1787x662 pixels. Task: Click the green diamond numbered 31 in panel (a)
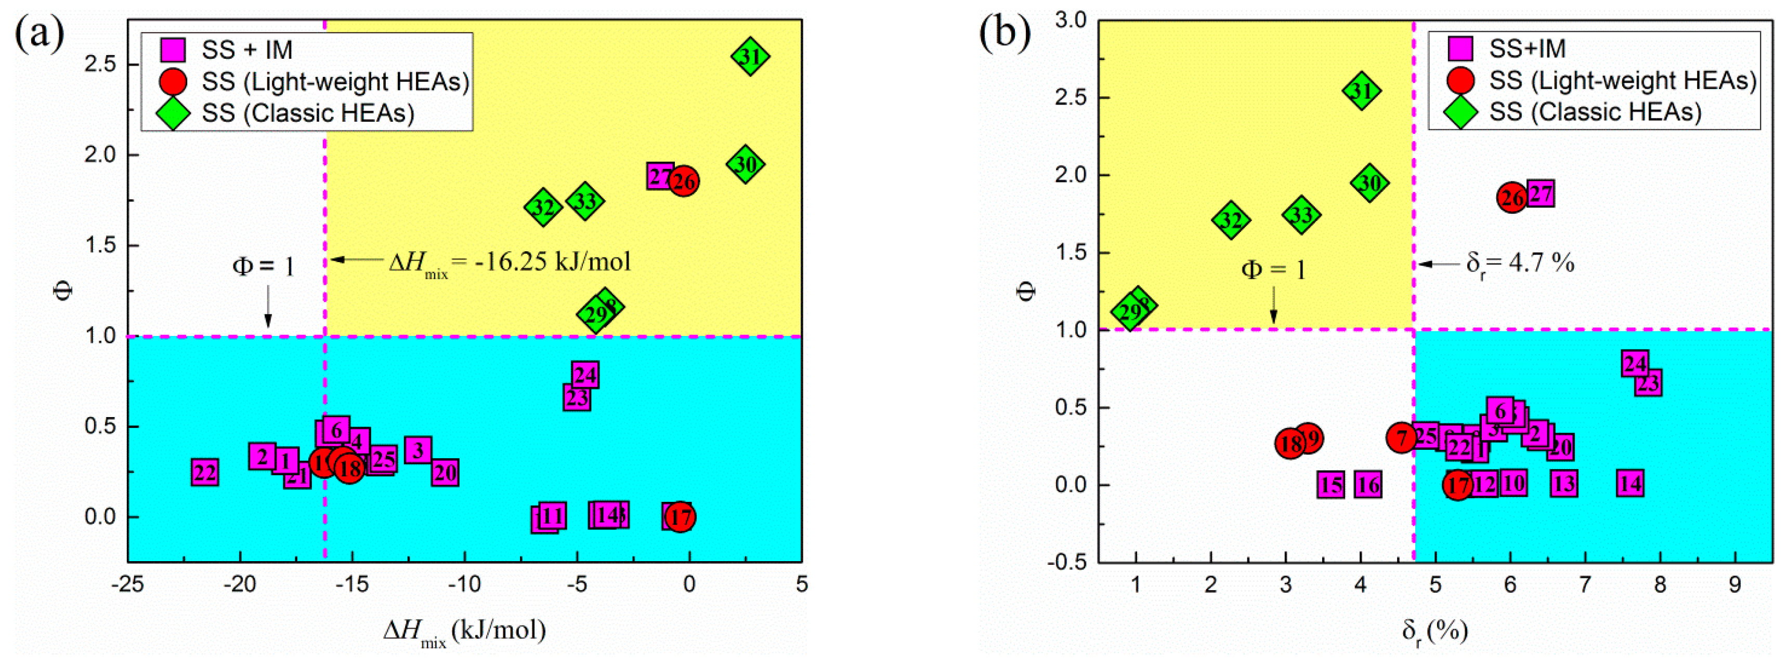coord(750,57)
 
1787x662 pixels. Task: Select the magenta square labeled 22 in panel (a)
coord(205,473)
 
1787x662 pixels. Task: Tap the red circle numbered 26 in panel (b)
coord(1512,198)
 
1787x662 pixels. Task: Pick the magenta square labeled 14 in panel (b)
coord(1630,483)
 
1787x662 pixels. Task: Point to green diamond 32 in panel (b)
coord(1231,220)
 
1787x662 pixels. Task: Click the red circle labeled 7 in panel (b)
coord(1401,438)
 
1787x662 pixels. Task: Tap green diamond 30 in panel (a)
coord(746,164)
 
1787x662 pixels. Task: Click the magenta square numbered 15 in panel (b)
coord(1331,484)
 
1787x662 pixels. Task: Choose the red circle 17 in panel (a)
coord(681,517)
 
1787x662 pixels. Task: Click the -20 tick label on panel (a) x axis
coord(240,585)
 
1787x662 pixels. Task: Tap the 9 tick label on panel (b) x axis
coord(1735,585)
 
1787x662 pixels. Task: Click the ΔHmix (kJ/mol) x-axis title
coord(465,631)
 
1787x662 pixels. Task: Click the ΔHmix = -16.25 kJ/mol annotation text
coord(510,262)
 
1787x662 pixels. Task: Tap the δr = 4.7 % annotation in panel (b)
coord(1520,264)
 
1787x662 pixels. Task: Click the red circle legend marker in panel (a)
coord(173,81)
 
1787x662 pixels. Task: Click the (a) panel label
coord(40,33)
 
